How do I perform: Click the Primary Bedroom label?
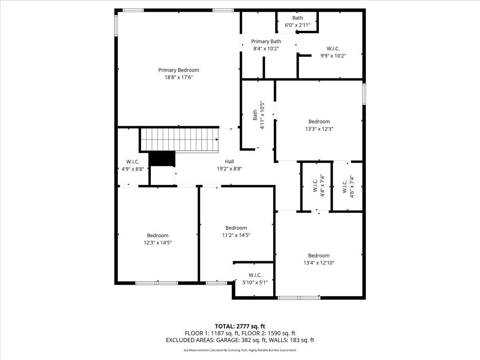tap(179, 70)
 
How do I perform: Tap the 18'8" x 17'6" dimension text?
tap(179, 77)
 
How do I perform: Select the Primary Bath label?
tap(266, 41)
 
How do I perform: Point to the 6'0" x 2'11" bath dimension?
tap(298, 25)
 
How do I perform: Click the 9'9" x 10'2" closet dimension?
tap(333, 56)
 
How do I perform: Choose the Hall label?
tap(229, 162)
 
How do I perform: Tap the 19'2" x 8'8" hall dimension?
tap(229, 169)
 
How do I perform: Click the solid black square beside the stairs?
tap(162, 159)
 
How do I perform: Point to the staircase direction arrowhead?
tap(217, 140)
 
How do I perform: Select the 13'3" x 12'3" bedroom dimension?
tap(319, 129)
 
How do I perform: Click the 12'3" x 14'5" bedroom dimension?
tap(158, 243)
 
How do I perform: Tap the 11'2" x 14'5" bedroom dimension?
tap(236, 235)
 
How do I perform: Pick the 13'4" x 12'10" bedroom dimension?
tap(319, 263)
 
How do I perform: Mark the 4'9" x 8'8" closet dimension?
tap(133, 169)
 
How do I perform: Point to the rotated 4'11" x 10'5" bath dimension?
tap(262, 115)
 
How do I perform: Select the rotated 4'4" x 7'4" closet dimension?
tap(322, 185)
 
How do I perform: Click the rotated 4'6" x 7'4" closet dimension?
tap(352, 186)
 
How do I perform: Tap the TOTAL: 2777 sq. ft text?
tap(240, 326)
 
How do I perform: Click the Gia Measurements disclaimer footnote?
tap(240, 350)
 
